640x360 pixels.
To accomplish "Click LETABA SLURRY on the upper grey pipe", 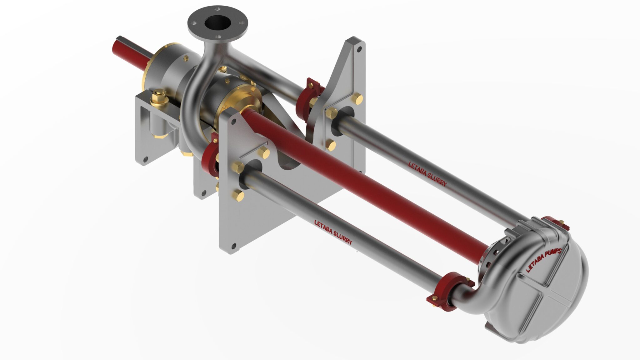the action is point(428,174).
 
